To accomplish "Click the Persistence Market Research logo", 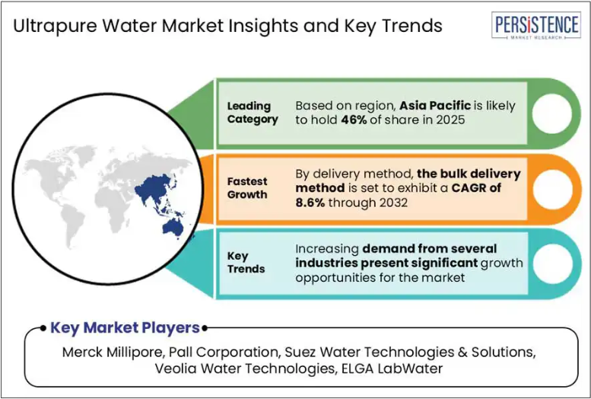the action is click(536, 25).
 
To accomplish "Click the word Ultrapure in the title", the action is click(54, 27).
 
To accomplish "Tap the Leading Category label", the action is click(253, 113).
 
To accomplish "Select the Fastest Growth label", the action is click(247, 188).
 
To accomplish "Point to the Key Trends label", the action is click(246, 263).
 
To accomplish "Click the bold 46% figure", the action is click(354, 120).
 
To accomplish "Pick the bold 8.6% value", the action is click(310, 203).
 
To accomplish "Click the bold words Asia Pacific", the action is click(435, 106).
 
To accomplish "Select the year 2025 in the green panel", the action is click(450, 120).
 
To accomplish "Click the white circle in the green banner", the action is click(551, 113).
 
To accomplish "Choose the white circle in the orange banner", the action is click(552, 189).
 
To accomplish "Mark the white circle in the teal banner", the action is click(552, 264).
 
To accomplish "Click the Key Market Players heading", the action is click(125, 328).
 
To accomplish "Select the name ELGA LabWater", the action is click(392, 369).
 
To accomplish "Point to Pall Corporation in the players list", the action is click(223, 353).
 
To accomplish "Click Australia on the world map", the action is click(173, 228).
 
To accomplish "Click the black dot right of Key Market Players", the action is click(205, 328).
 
